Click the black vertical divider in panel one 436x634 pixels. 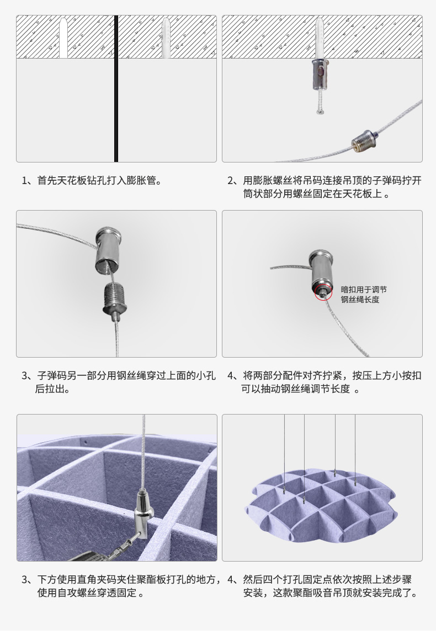[x=116, y=88]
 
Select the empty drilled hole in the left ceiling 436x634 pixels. [x=63, y=38]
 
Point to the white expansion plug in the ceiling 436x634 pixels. [x=166, y=38]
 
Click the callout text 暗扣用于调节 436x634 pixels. [x=364, y=289]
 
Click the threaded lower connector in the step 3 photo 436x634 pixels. [x=115, y=298]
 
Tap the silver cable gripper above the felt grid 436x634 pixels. [x=141, y=511]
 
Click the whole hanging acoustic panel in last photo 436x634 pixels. [x=321, y=505]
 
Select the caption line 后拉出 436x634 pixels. [x=52, y=389]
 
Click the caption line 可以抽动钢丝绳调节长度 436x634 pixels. [x=298, y=389]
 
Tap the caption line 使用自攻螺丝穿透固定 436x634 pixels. [x=88, y=594]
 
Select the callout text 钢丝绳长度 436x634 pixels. [x=360, y=300]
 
